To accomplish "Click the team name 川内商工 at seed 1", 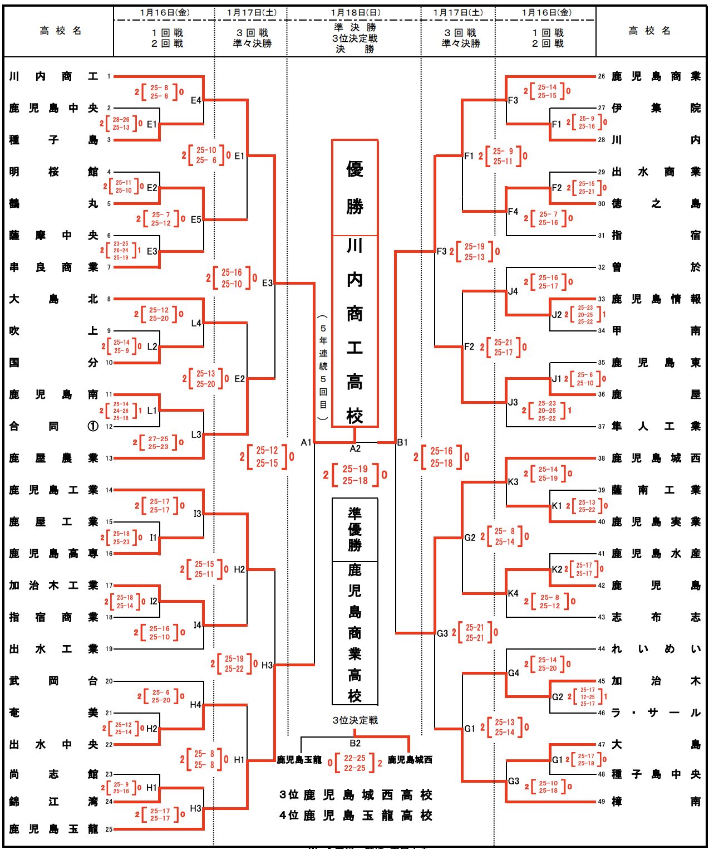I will tap(53, 76).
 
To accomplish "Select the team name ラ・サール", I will tap(656, 713).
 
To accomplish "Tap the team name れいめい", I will tap(656, 649).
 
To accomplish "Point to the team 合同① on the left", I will tap(53, 426).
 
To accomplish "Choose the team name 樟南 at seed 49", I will tap(656, 802).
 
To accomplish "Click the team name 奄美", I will tap(53, 713).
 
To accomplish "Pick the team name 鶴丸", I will tap(53, 203).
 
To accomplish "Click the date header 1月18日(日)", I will tap(355, 12).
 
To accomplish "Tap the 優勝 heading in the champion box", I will tap(355, 187).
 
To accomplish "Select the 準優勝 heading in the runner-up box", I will tap(355, 529).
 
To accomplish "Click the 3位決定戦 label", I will tap(355, 720).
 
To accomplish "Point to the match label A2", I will tap(355, 448).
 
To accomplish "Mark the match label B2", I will tap(355, 743).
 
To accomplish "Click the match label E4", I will tap(196, 100).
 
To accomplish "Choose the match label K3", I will tap(513, 482).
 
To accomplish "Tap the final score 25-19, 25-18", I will tap(355, 475).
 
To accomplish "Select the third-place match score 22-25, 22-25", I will tap(354, 763).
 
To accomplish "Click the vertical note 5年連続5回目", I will tap(323, 367).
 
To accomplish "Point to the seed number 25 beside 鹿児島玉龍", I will tap(109, 829).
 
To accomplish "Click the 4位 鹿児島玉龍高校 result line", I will tap(356, 816).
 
